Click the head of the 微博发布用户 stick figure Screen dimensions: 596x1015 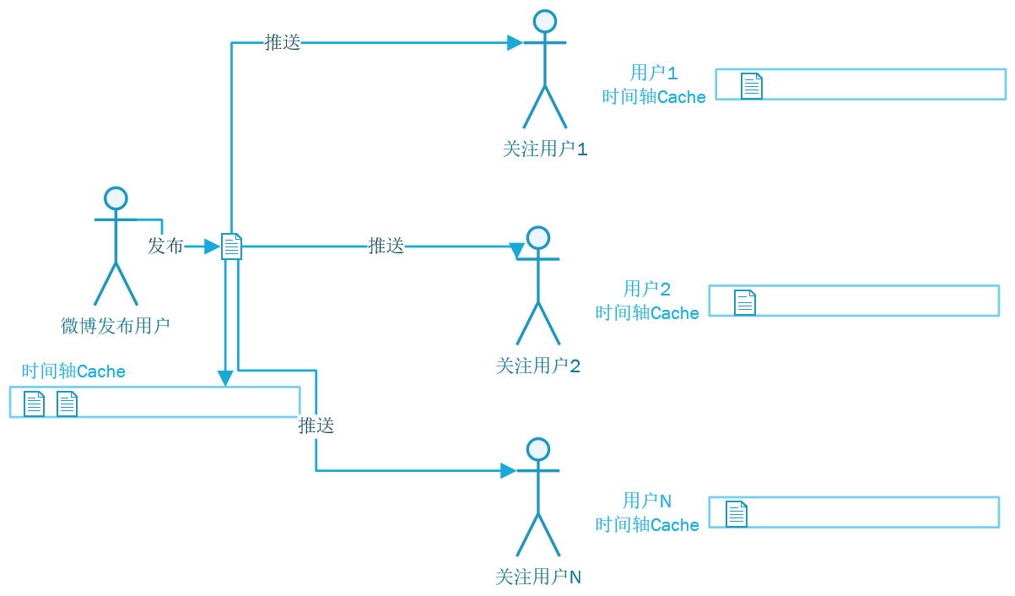pyautogui.click(x=116, y=198)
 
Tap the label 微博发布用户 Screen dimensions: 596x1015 pyautogui.click(x=116, y=326)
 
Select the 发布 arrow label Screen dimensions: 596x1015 pyautogui.click(x=165, y=246)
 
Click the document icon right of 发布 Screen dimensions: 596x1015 pyautogui.click(x=232, y=247)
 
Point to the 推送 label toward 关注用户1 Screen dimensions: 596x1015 pyautogui.click(x=283, y=42)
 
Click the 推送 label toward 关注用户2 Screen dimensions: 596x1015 pyautogui.click(x=386, y=246)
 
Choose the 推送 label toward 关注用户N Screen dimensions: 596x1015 pyautogui.click(x=316, y=425)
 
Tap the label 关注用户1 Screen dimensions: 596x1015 pyautogui.click(x=544, y=149)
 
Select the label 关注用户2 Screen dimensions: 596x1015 pyautogui.click(x=538, y=366)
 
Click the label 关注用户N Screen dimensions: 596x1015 pyautogui.click(x=538, y=577)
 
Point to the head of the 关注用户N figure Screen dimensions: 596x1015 pyautogui.click(x=538, y=449)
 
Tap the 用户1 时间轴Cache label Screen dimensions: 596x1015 pyautogui.click(x=654, y=84)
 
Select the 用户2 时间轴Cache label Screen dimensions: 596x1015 pyautogui.click(x=647, y=301)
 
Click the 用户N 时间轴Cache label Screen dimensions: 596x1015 pyautogui.click(x=647, y=512)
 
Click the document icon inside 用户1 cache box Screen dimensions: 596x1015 pyautogui.click(x=752, y=86)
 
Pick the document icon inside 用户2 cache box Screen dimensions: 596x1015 pyautogui.click(x=745, y=302)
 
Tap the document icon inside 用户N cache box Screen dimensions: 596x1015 pyautogui.click(x=737, y=513)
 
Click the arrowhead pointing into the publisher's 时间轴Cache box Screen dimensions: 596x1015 pyautogui.click(x=224, y=378)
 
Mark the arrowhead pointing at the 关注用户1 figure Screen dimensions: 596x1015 pyautogui.click(x=515, y=42)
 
